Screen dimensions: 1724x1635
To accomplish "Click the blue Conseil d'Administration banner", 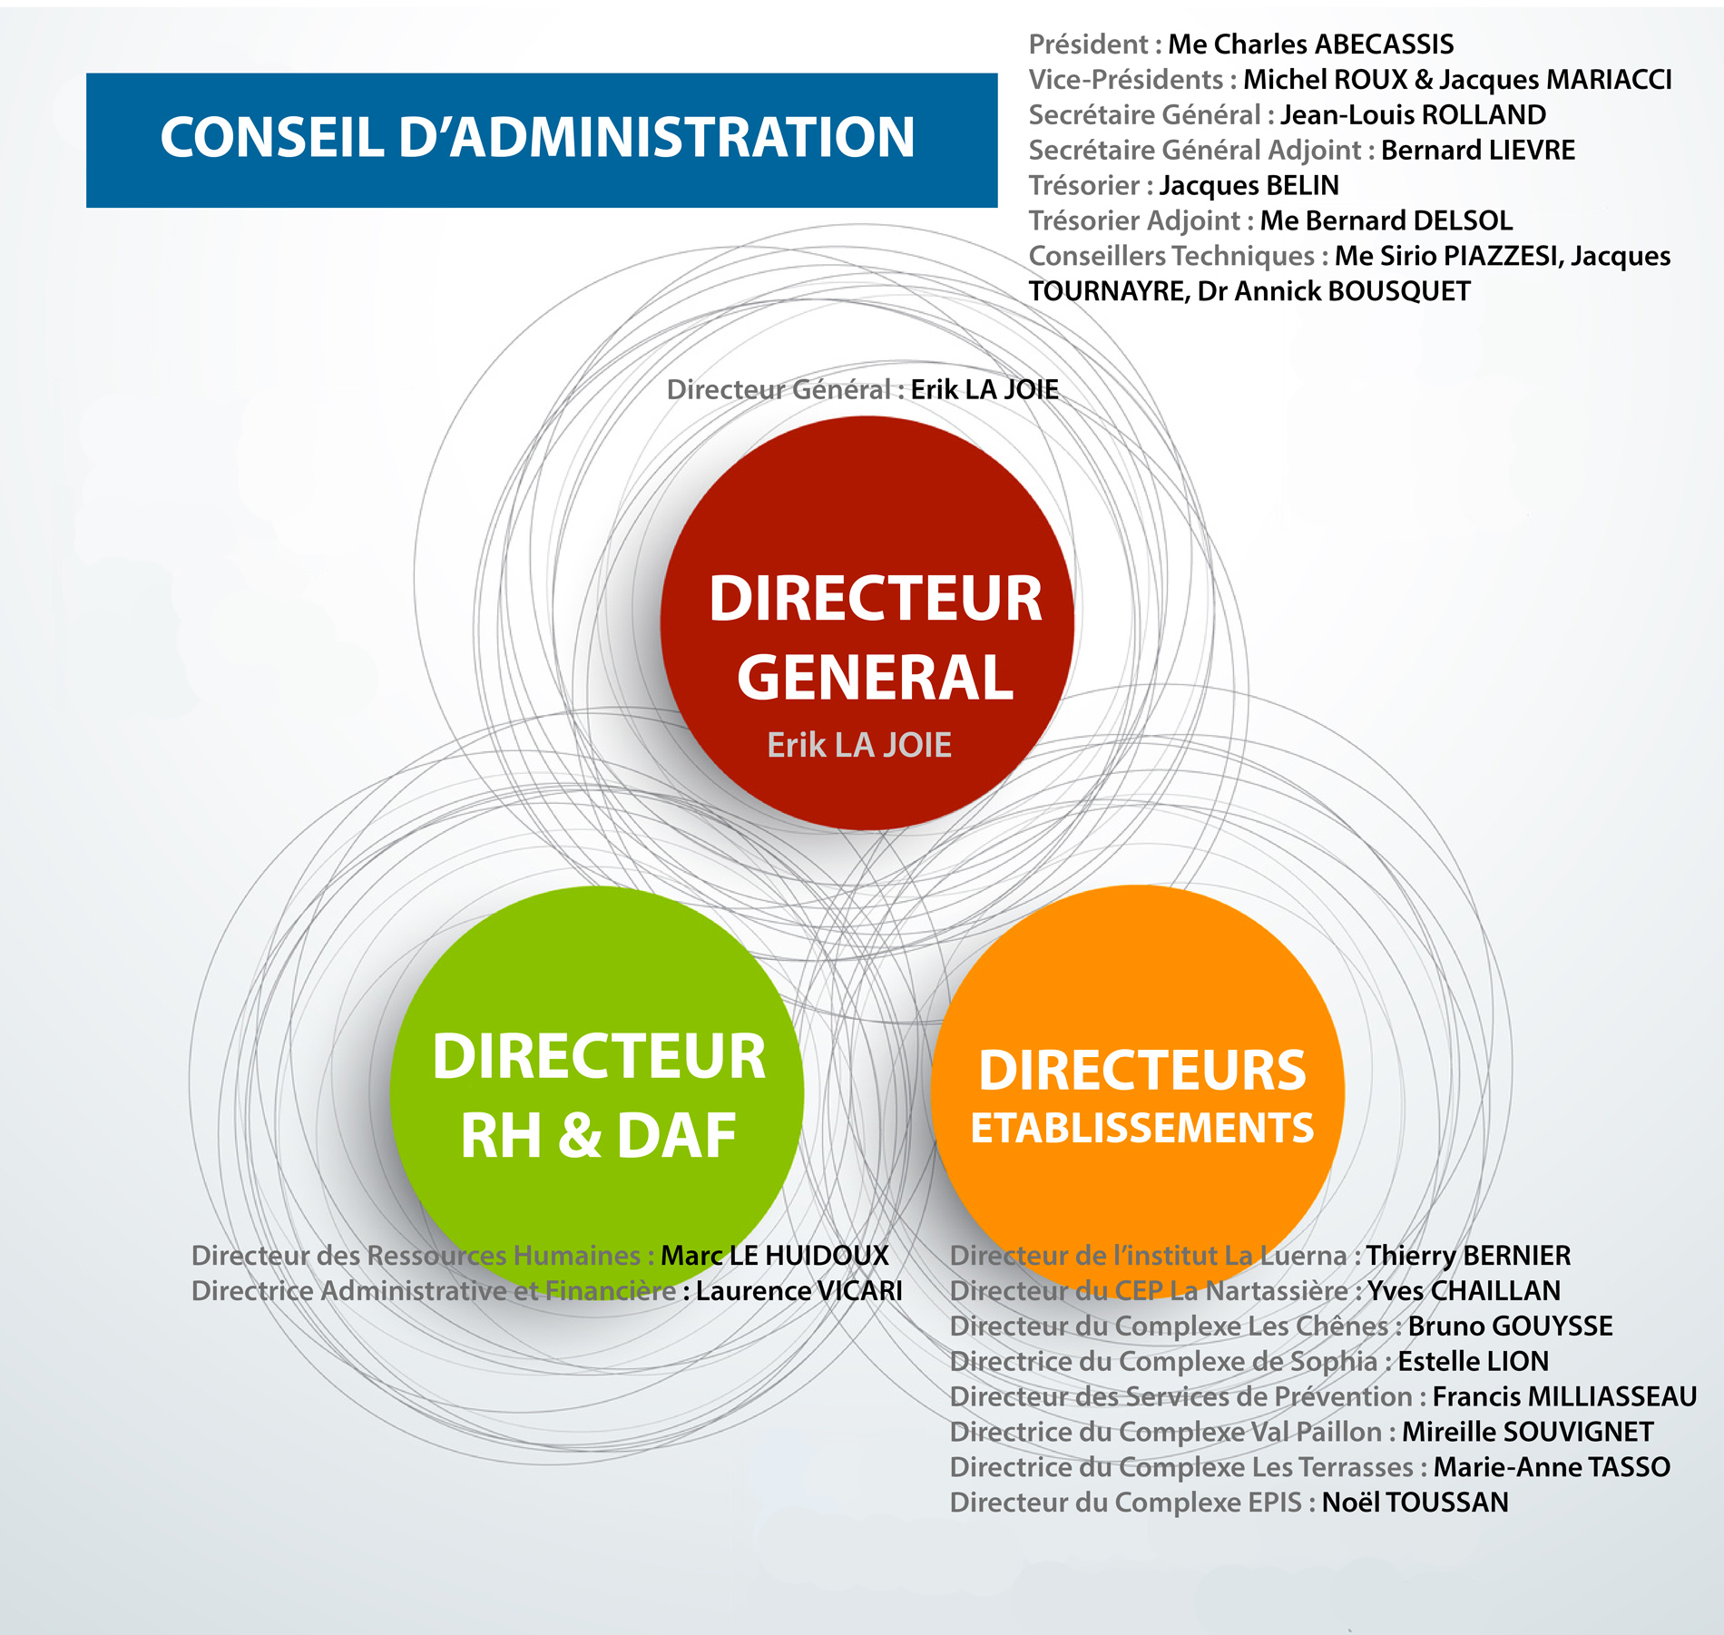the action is (x=542, y=140).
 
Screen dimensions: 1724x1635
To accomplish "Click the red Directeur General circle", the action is (x=867, y=622).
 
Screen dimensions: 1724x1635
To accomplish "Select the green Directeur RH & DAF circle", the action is (x=597, y=1093).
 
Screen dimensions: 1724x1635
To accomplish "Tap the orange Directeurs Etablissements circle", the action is (x=1138, y=1092).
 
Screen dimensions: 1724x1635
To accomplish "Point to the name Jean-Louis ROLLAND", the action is (x=1413, y=115).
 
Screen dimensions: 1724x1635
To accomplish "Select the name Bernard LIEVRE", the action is (x=1478, y=151).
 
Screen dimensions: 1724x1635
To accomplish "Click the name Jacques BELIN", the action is (x=1249, y=186).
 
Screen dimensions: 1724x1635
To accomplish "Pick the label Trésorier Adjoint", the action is (x=1134, y=221).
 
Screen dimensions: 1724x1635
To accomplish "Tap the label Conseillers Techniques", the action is (x=1171, y=257).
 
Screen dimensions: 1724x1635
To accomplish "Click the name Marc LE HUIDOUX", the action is (x=775, y=1256).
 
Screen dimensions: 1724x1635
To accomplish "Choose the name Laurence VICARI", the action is (x=799, y=1291).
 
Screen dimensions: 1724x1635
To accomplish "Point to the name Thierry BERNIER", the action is (x=1468, y=1256).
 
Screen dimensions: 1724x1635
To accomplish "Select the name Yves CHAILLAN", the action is (x=1464, y=1291).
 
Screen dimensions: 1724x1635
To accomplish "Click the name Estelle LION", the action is (x=1473, y=1362).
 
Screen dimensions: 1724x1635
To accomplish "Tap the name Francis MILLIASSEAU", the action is (x=1564, y=1397).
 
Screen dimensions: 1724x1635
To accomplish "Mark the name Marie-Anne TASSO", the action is (x=1552, y=1468).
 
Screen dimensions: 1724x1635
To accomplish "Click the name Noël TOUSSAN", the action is (x=1415, y=1503).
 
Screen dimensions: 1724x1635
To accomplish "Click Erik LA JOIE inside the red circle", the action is (x=859, y=746).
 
